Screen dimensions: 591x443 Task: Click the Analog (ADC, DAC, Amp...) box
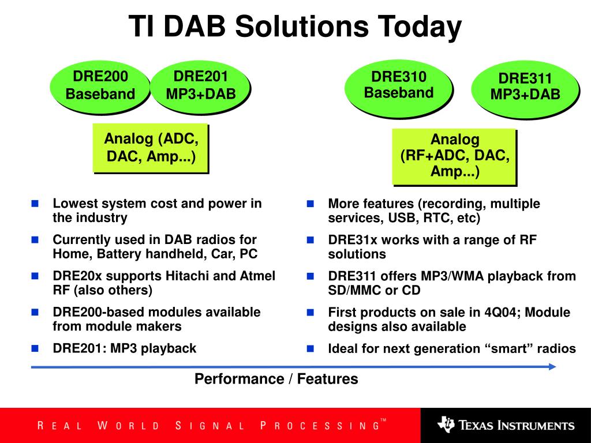pos(151,148)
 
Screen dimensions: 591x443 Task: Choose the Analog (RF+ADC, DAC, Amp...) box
pos(454,156)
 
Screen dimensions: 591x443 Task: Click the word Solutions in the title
pos(302,27)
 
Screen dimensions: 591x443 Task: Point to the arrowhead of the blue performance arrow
pos(552,366)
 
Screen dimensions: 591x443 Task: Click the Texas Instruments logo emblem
pos(446,424)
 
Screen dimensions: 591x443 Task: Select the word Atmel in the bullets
pos(257,276)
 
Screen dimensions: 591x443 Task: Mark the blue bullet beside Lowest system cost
pos(35,204)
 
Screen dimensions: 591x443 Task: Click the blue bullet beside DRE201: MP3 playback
pos(35,348)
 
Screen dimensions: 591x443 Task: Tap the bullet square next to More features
pos(310,204)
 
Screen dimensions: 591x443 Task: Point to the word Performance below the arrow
pos(239,378)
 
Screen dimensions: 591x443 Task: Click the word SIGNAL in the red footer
pos(210,426)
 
